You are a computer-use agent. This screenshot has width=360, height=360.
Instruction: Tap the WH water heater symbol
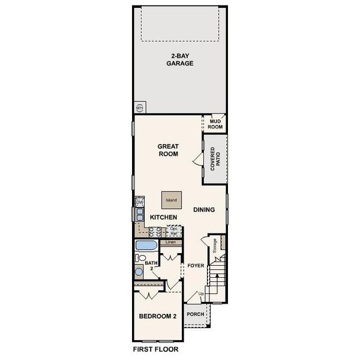point(140,108)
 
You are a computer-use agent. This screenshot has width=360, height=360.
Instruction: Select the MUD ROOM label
point(215,124)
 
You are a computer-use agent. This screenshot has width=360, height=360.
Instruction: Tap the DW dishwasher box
point(139,202)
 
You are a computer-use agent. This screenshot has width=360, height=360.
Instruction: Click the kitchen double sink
point(139,214)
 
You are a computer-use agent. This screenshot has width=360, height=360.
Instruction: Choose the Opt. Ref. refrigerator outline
point(175,230)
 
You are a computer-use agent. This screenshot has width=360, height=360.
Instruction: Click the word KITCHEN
point(163,217)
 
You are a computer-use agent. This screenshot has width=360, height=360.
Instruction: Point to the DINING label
point(204,209)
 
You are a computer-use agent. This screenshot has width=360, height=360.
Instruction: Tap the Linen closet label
point(170,242)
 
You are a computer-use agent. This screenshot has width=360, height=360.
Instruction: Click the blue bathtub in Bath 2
point(145,245)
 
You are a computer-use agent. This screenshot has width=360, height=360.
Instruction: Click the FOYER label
point(196,265)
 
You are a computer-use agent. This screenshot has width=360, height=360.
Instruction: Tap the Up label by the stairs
point(202,293)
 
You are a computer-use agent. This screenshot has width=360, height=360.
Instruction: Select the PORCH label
point(196,314)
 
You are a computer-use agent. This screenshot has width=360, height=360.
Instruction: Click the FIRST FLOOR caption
point(155,348)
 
